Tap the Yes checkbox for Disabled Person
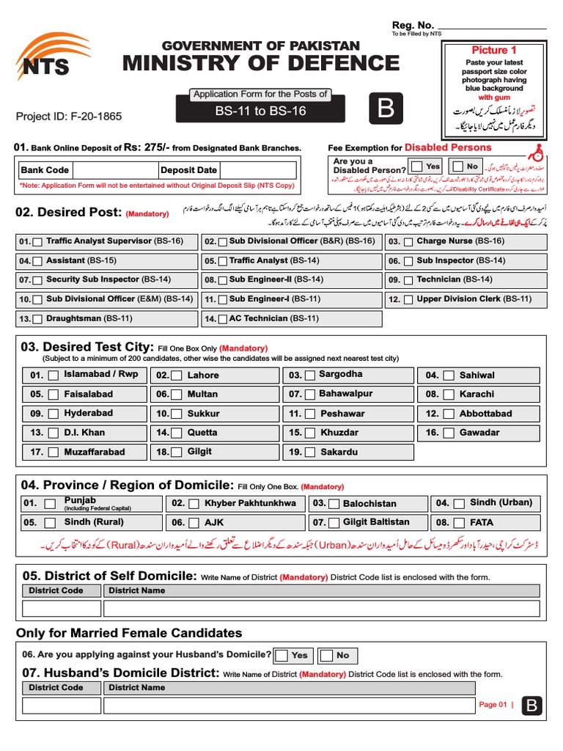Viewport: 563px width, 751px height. click(416, 166)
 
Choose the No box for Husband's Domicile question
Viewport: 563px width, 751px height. click(326, 656)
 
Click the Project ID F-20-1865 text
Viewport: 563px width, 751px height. click(69, 116)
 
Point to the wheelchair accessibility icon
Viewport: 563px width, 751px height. click(537, 150)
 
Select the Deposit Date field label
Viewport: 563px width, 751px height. click(188, 170)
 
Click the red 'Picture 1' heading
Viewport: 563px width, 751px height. click(493, 50)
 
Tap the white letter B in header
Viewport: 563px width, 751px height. click(386, 109)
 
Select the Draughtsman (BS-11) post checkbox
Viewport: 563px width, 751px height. click(37, 319)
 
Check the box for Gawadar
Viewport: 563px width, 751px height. click(448, 433)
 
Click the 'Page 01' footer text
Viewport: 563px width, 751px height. click(493, 705)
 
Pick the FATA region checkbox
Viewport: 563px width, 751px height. click(458, 523)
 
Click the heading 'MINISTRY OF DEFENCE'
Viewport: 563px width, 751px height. click(261, 63)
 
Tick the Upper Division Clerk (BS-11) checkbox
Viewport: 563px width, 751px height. click(407, 300)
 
